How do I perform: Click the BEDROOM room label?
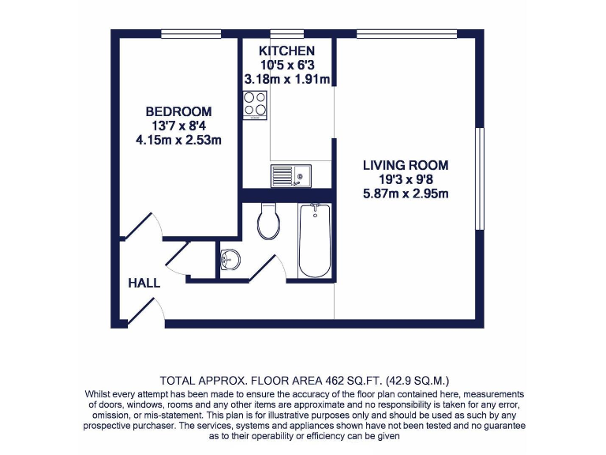[x=178, y=111]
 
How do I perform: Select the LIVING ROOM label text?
[x=406, y=165]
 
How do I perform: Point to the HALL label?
[x=144, y=283]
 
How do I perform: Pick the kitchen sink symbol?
[x=291, y=175]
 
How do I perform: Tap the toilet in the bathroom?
[x=268, y=222]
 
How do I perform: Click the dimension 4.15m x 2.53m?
[x=178, y=141]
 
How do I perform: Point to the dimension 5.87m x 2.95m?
[x=406, y=194]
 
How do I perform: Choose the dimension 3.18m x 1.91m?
[x=286, y=79]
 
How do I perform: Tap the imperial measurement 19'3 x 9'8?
[x=406, y=180]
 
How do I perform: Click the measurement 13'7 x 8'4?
[x=178, y=126]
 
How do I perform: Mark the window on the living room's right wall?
[x=479, y=179]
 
